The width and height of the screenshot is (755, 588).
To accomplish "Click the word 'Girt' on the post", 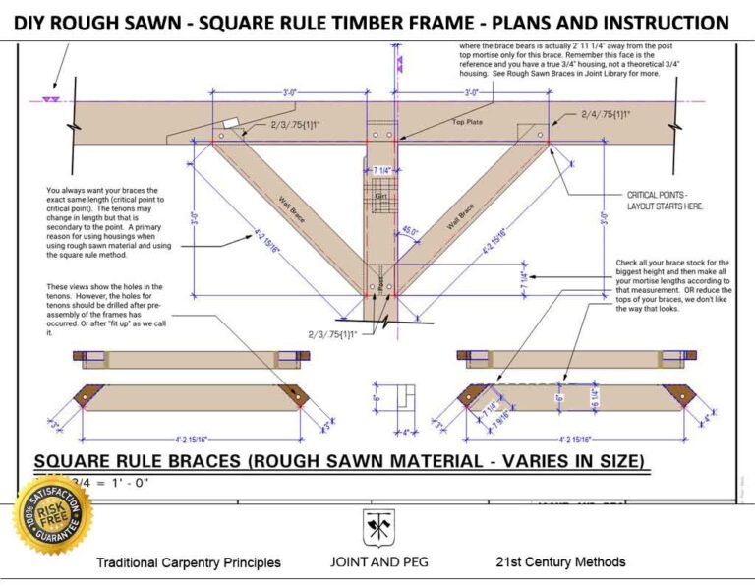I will [x=379, y=198].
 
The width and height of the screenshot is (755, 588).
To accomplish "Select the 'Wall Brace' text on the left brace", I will [x=292, y=208].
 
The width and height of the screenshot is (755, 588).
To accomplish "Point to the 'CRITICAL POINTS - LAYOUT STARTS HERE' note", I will [x=666, y=201].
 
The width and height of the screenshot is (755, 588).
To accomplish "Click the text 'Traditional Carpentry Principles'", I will [x=188, y=562].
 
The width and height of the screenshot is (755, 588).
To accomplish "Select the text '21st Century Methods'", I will [x=560, y=562].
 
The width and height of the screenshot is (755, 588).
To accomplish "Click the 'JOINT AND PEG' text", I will [x=377, y=562].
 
